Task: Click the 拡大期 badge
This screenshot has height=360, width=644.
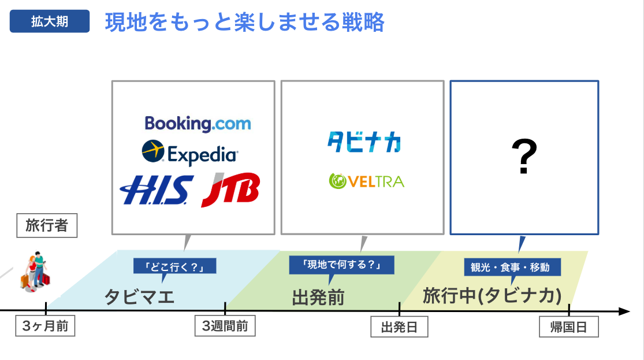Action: point(50,22)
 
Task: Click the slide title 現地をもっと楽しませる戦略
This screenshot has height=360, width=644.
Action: point(245,23)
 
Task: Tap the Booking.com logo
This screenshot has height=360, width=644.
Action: point(198,124)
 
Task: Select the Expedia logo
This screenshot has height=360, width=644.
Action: point(190,153)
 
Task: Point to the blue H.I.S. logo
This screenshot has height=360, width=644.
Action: point(157,190)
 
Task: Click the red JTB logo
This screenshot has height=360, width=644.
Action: point(230,190)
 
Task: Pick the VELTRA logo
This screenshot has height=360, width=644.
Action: point(366,181)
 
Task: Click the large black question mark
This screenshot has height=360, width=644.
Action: point(524,156)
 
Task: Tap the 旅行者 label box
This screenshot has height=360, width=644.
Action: point(46,226)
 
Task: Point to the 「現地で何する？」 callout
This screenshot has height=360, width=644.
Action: point(341,265)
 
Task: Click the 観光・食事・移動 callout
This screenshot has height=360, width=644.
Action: point(512,267)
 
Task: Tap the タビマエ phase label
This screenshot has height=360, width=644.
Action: point(139,296)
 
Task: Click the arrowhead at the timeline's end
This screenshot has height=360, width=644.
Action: point(623,311)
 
